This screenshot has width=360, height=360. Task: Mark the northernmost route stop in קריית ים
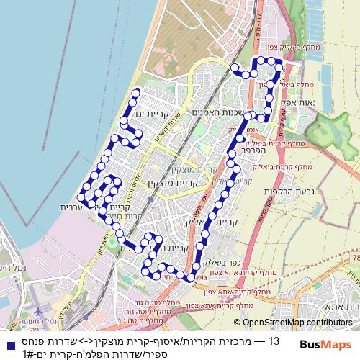click(136, 91)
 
